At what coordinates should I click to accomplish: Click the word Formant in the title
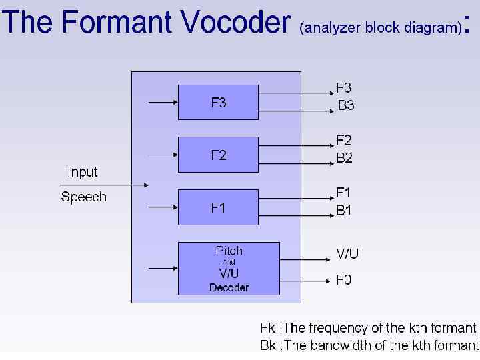tap(119, 23)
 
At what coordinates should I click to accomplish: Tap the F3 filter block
tap(218, 103)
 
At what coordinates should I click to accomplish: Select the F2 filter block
tap(218, 155)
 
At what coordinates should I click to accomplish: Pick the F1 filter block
tap(218, 207)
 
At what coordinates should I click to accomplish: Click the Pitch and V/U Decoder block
tap(229, 269)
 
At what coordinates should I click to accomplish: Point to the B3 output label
tap(345, 105)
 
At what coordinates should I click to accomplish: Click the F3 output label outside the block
tap(344, 88)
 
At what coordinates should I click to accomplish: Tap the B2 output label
tap(344, 158)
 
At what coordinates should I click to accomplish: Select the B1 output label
tap(344, 210)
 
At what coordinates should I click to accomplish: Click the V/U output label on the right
tap(347, 254)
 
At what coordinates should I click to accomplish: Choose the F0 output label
tap(343, 280)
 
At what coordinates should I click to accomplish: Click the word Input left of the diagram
tap(83, 172)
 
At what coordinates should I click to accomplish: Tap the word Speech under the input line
tap(83, 197)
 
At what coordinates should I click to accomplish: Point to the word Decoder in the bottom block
tap(229, 287)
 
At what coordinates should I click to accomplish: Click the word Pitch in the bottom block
tap(229, 251)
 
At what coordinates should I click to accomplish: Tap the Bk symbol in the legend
tap(267, 345)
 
